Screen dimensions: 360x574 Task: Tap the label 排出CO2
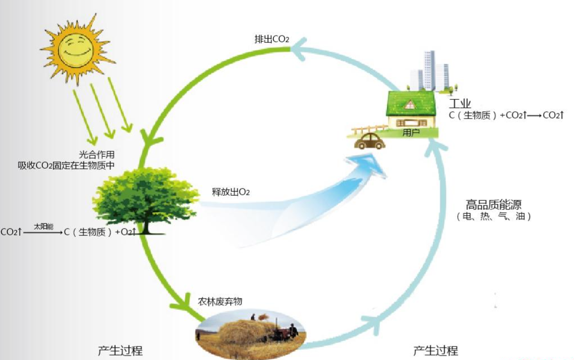[x=271, y=39]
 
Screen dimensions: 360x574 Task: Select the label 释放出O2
[x=231, y=192]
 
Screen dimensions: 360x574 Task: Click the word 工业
[x=460, y=104]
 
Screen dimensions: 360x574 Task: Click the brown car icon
[x=370, y=141]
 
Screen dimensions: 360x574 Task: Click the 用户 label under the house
[x=411, y=133]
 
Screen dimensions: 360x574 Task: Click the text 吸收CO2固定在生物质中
[x=66, y=165]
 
